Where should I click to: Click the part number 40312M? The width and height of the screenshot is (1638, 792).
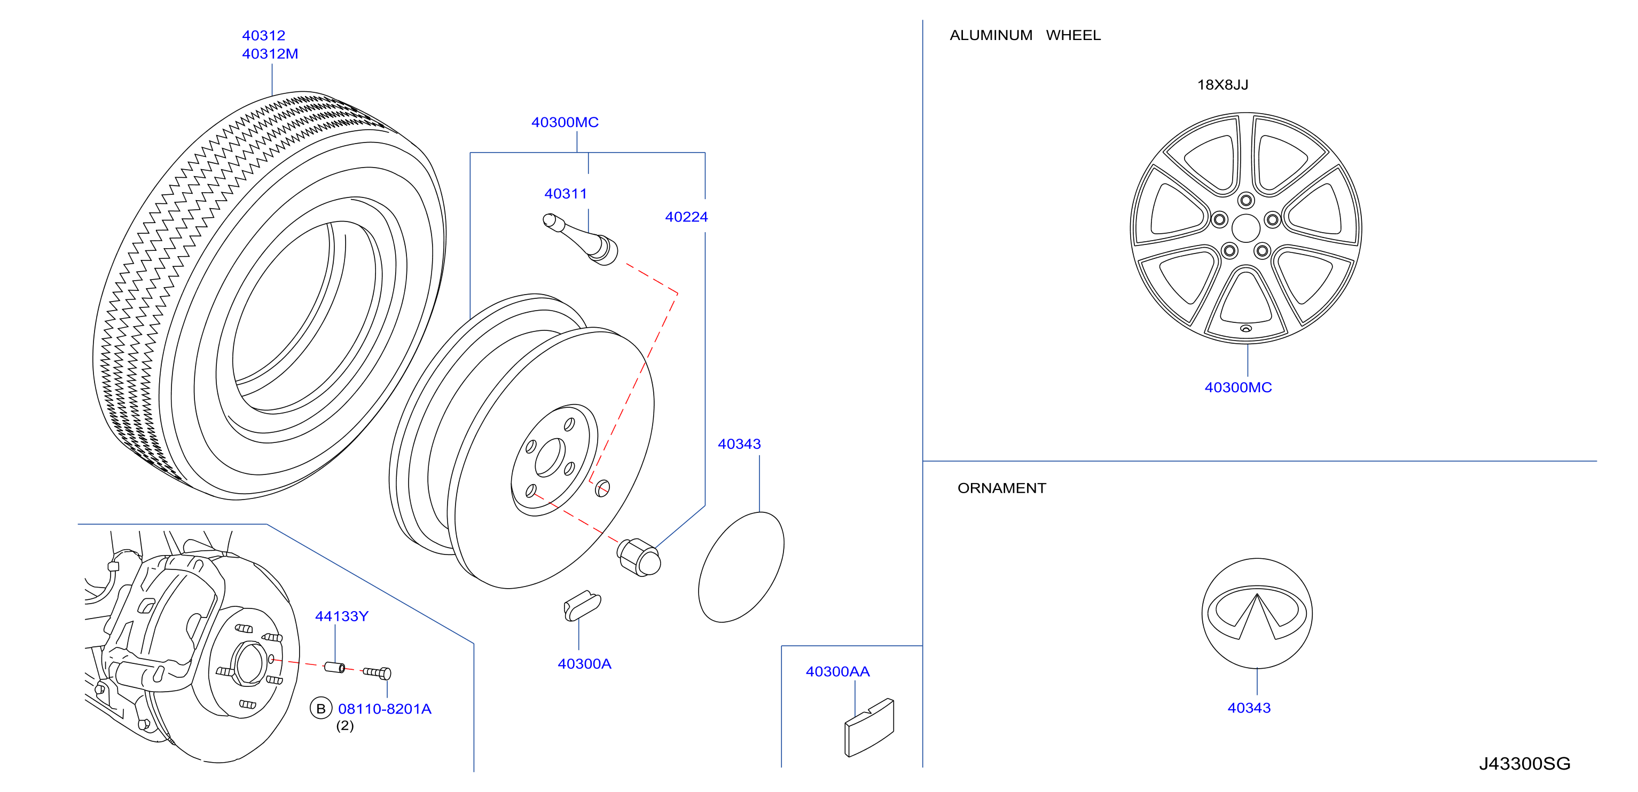coord(270,54)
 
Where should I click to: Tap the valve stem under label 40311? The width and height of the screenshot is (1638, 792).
coord(580,239)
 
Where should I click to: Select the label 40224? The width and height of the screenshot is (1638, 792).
coord(686,217)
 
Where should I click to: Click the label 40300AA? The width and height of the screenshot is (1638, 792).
coord(837,671)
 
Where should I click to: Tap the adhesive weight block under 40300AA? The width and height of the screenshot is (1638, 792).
coord(869,728)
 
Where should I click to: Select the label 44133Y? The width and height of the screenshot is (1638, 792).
coord(341,616)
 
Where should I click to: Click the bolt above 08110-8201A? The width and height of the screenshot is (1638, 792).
coord(377,672)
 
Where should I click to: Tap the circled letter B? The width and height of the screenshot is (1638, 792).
coord(320,708)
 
